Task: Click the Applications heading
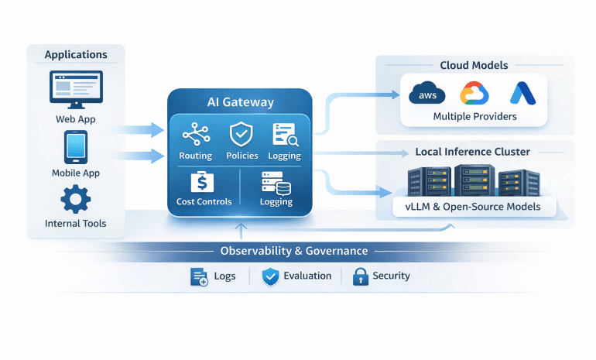(x=76, y=55)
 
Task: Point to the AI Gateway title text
(x=240, y=102)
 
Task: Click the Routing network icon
(x=195, y=136)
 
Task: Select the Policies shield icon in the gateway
(x=241, y=135)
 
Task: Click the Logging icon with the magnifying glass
(x=285, y=135)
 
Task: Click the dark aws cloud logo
(x=427, y=95)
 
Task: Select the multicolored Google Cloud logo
(x=474, y=94)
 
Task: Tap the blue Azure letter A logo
(x=519, y=94)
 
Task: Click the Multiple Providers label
(x=475, y=118)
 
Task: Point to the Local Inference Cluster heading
(x=473, y=152)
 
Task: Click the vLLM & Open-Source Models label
(x=473, y=207)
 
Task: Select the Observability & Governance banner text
(x=294, y=251)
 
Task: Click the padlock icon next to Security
(x=360, y=276)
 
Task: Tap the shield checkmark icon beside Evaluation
(x=270, y=276)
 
